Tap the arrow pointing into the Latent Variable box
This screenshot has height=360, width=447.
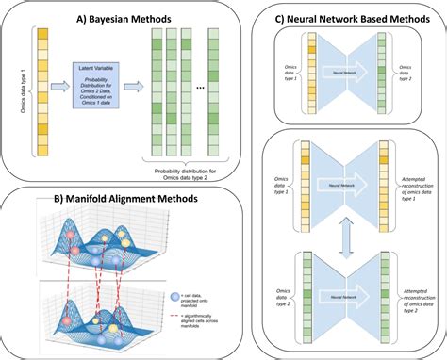click(58, 88)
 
